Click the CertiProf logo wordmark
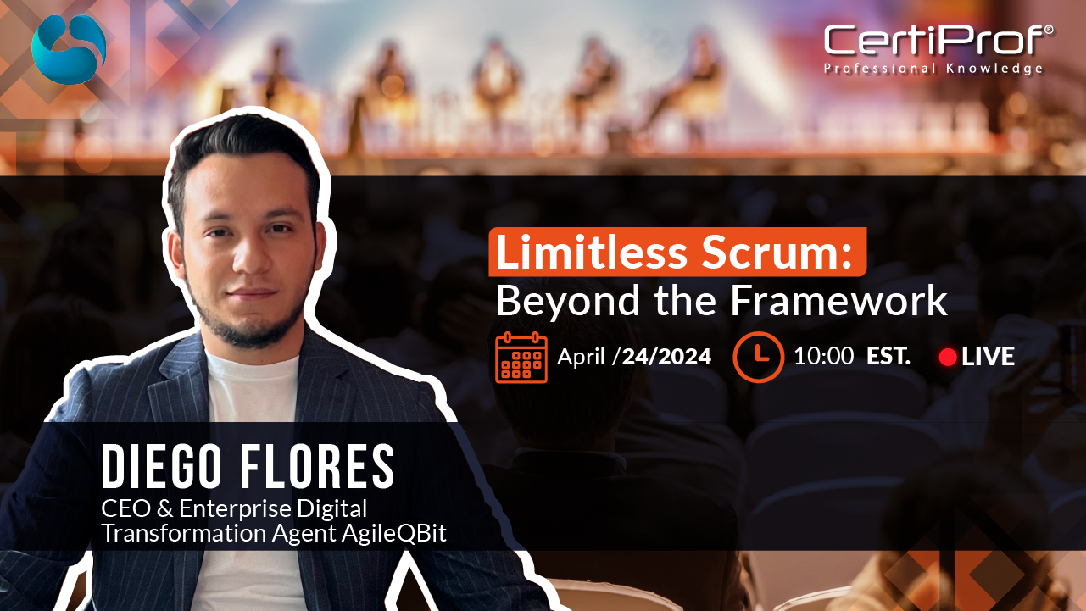click(x=934, y=40)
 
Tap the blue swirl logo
click(x=69, y=49)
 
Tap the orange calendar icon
click(x=521, y=358)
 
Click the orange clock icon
click(x=758, y=357)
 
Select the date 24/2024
click(x=666, y=357)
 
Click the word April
click(x=581, y=358)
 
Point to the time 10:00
click(x=824, y=356)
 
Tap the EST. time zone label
click(x=888, y=356)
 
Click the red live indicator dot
click(x=948, y=357)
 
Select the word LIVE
click(x=988, y=357)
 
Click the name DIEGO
click(x=161, y=465)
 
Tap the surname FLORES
click(x=318, y=465)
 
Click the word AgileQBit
click(x=393, y=534)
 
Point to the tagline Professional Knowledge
click(x=933, y=69)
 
